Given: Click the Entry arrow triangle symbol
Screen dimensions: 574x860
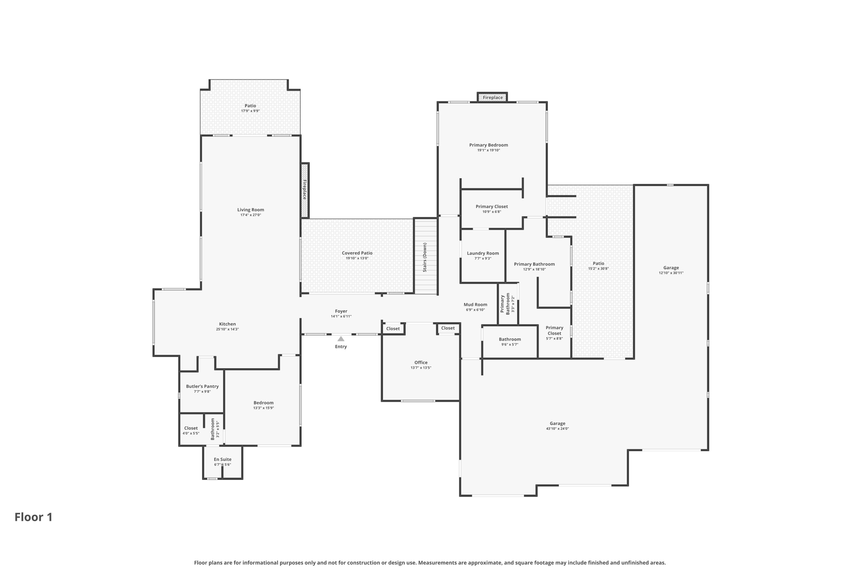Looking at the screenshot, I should [x=341, y=339].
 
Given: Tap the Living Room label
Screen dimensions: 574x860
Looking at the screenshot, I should [x=250, y=210].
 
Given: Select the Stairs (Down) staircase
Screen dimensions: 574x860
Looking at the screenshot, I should [x=425, y=257].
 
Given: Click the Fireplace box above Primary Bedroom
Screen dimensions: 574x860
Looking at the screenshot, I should [x=492, y=98].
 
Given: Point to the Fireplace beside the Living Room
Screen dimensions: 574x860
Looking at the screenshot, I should [x=305, y=190].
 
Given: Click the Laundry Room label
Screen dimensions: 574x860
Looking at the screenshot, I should [x=483, y=253].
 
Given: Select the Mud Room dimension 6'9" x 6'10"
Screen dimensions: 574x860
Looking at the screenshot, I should [x=475, y=310].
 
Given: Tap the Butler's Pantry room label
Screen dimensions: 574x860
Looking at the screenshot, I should [x=202, y=386].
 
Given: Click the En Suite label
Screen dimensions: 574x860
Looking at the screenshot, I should [x=223, y=459].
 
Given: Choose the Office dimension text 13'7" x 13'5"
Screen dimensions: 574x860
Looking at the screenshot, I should [x=421, y=368].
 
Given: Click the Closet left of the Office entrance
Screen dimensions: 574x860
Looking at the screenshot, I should [x=393, y=329].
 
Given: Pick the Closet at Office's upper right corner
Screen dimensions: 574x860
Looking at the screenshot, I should [x=448, y=328].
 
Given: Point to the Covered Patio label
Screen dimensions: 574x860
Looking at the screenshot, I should [x=357, y=253].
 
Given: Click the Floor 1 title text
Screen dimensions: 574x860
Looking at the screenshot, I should [x=34, y=517].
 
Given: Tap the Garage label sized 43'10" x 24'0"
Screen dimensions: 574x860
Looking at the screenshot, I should [x=557, y=423].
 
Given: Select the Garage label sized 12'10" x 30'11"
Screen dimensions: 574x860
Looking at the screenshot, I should [x=671, y=268].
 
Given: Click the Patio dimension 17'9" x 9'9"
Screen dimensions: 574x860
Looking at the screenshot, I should [x=250, y=111].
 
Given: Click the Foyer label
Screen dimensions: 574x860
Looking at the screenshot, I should [x=341, y=311].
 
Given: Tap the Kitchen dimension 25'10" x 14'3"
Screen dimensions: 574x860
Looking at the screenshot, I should [x=227, y=329].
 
